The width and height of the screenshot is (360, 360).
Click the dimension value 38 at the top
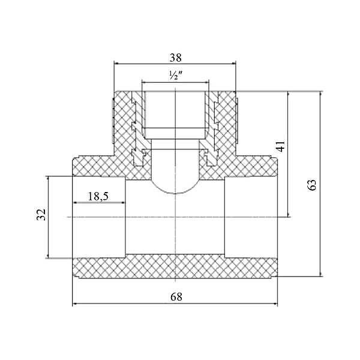click(175, 58)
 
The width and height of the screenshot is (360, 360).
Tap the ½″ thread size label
click(175, 76)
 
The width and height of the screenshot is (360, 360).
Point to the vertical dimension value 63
click(311, 184)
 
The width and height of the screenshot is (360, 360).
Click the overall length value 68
click(175, 296)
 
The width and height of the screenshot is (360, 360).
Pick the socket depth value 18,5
click(98, 196)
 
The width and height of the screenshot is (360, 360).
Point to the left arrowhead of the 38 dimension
click(117, 64)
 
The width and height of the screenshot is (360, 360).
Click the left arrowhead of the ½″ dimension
click(144, 82)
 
